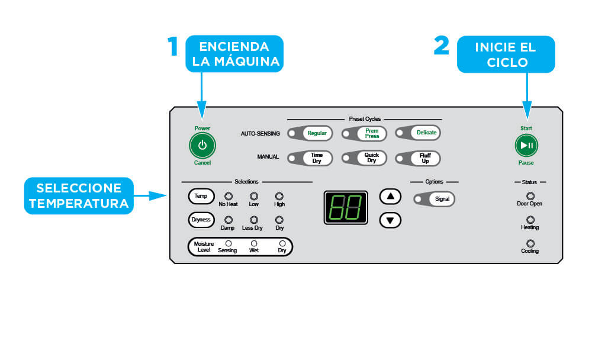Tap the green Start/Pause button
526,145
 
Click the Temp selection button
201,195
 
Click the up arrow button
390,197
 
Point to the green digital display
346,207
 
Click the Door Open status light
530,195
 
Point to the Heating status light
530,220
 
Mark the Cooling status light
530,243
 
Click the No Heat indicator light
228,196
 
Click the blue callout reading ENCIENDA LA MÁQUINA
234,54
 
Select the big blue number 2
442,46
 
